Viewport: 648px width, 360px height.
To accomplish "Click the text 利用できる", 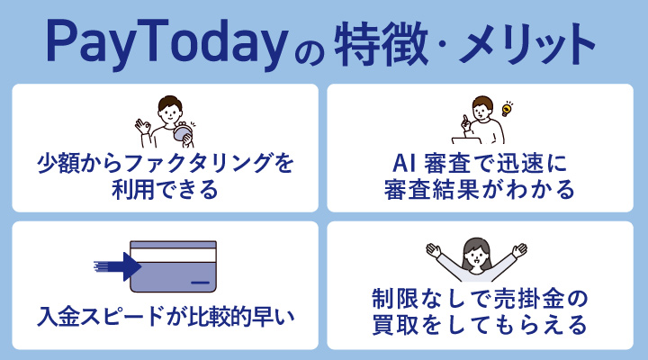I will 165,191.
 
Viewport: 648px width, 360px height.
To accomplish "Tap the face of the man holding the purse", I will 169,109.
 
